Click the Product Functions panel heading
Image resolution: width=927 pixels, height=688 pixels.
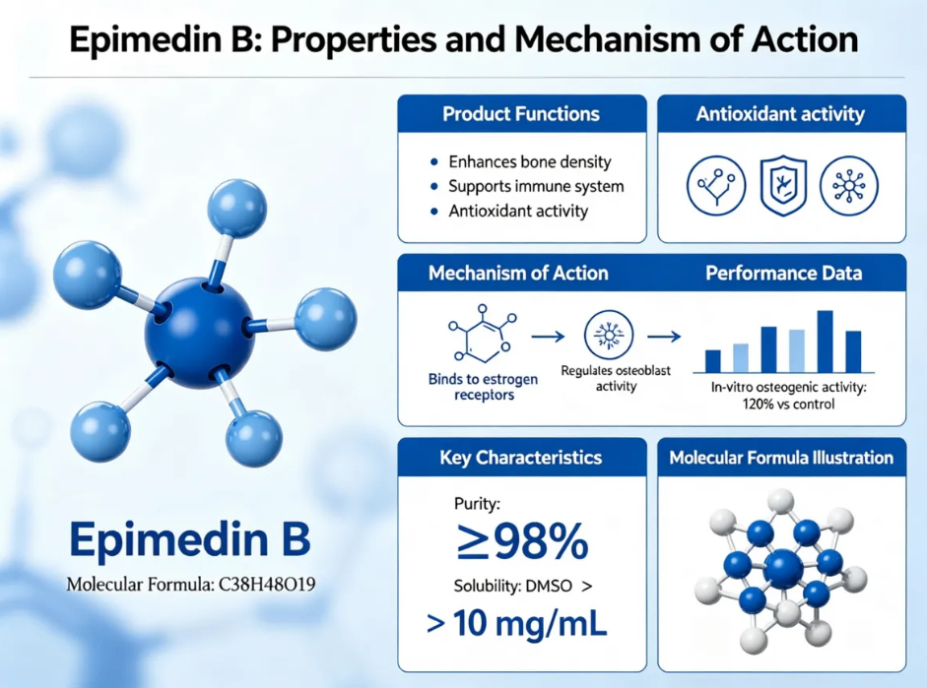pos(521,114)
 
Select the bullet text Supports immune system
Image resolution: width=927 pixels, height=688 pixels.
pos(536,187)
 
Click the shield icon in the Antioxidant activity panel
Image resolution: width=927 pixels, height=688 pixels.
pos(783,185)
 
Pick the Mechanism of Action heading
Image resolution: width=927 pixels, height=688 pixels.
pos(518,274)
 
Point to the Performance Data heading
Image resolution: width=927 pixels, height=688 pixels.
pos(783,274)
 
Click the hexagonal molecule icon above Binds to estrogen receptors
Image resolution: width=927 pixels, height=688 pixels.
pos(483,333)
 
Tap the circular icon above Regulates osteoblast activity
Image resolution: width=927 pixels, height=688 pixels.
pos(609,335)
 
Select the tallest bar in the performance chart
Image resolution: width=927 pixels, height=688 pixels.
pos(825,342)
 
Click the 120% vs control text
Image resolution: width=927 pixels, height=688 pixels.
pos(788,405)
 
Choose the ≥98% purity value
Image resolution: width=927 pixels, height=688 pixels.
pos(523,540)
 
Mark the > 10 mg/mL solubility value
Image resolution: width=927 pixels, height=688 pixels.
pos(516,624)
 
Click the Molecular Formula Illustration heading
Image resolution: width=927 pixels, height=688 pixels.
pos(781,458)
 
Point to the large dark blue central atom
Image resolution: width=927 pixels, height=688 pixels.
pos(199,332)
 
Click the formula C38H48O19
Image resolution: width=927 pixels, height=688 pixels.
pos(267,585)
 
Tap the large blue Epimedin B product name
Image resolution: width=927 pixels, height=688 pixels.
pos(190,539)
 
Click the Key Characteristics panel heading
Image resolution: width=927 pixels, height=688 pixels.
pos(521,458)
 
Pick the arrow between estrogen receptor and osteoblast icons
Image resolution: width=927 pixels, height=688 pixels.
pos(548,337)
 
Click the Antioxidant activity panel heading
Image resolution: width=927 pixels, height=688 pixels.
pos(780,114)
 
